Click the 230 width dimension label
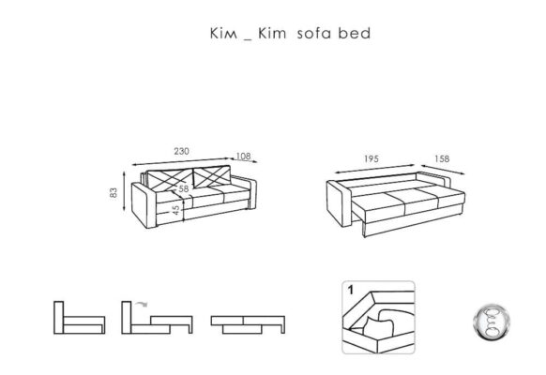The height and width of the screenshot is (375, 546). click(181, 151)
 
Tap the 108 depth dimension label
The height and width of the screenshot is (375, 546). click(243, 157)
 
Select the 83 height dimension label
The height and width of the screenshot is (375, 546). click(114, 193)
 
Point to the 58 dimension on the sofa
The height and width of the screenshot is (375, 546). click(184, 188)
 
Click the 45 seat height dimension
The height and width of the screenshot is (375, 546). click(175, 210)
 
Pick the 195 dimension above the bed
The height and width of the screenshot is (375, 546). click(372, 159)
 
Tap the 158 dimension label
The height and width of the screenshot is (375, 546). click(442, 159)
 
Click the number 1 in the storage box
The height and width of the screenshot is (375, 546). click(351, 290)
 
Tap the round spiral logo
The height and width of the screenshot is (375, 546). click(491, 322)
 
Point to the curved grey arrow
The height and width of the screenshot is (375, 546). click(142, 305)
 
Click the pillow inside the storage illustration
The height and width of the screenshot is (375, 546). click(378, 327)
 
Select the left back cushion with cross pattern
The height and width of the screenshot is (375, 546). click(170, 180)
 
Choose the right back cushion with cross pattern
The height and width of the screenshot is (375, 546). click(212, 176)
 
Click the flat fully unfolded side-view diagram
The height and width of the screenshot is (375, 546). click(248, 325)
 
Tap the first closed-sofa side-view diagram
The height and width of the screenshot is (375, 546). click(80, 318)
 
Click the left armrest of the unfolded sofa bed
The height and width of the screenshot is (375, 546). click(340, 203)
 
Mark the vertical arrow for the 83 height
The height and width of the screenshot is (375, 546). click(124, 191)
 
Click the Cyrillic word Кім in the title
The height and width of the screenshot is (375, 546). click(224, 34)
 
